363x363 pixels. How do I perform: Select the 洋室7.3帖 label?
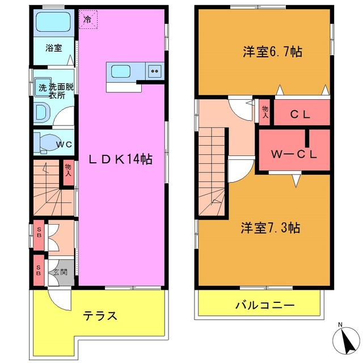point(270,229)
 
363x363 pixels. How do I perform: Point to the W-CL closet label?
point(293,154)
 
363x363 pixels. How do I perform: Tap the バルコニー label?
point(265,306)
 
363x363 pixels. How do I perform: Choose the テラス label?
point(101,316)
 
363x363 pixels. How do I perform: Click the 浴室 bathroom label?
point(54,48)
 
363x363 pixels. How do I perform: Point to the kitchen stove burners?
point(155,71)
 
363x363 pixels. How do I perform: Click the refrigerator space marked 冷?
point(88,19)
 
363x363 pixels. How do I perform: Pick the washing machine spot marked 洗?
point(42,88)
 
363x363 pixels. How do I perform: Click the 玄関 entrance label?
point(60,272)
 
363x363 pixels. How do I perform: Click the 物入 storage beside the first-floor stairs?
point(68,171)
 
